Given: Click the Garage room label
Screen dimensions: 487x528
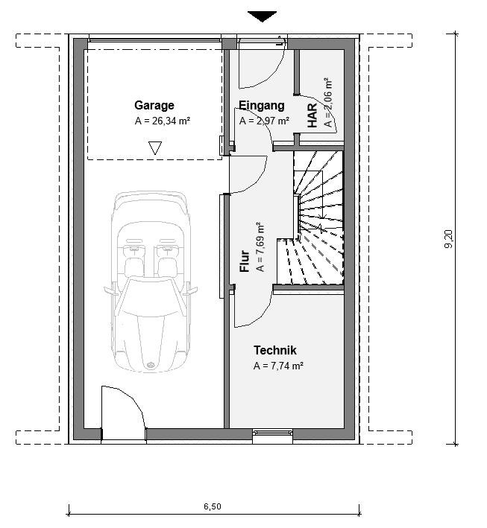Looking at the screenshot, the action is [x=154, y=106].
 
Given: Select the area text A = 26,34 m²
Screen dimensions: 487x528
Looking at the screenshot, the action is [x=163, y=121].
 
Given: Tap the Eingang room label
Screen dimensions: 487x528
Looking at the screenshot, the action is [x=261, y=106].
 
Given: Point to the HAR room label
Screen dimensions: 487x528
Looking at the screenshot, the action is [x=312, y=115].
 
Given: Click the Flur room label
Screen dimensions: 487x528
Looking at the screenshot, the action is [x=244, y=261].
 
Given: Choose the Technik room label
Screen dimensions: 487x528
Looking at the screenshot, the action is [x=275, y=350].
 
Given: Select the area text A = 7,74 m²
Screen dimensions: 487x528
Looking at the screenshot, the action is [x=278, y=366].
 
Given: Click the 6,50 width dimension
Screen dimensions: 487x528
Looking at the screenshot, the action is [x=213, y=506].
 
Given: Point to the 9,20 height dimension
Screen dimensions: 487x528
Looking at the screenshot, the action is [x=448, y=239].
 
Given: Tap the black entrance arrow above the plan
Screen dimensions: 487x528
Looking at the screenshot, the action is [x=262, y=16].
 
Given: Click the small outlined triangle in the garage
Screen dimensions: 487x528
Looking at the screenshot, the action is [x=155, y=148].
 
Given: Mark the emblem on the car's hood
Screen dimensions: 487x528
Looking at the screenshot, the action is [x=150, y=366].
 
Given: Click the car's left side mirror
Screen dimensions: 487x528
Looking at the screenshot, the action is [x=109, y=290].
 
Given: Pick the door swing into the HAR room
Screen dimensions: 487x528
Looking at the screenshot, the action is [x=323, y=108].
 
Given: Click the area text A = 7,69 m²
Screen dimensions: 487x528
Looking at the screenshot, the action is [x=260, y=246].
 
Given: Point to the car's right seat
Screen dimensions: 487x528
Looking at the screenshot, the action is [x=168, y=266].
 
